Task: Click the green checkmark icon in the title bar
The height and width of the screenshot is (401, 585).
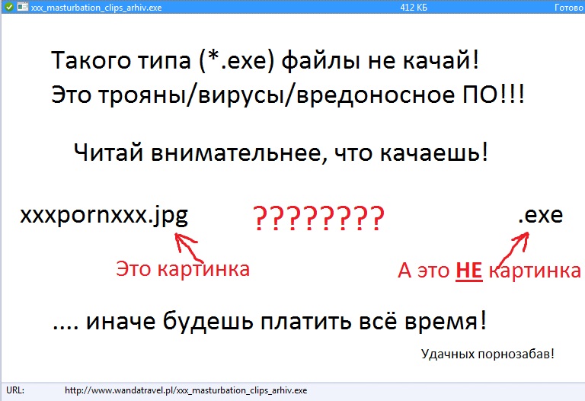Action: point(8,7)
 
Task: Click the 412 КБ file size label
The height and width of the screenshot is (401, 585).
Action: point(414,7)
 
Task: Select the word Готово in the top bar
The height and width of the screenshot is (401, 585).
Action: point(569,7)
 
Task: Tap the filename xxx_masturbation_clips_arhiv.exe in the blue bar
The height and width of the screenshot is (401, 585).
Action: point(96,8)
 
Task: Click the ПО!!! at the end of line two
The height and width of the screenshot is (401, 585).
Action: point(494,94)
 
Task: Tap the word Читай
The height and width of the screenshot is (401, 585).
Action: point(109,152)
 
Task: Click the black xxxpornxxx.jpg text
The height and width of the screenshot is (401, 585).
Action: point(104,217)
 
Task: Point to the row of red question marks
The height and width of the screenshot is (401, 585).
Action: point(319,218)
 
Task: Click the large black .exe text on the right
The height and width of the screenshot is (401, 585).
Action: point(541,215)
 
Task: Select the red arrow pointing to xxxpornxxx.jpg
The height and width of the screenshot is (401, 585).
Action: point(188,247)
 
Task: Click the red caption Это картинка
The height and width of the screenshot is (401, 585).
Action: point(183,269)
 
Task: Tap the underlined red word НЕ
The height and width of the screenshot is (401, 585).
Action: point(469,271)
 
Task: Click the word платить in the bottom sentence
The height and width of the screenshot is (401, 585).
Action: point(306,321)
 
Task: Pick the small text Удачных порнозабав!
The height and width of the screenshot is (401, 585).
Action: point(487,354)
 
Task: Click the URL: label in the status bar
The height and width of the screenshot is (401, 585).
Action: point(15,390)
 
